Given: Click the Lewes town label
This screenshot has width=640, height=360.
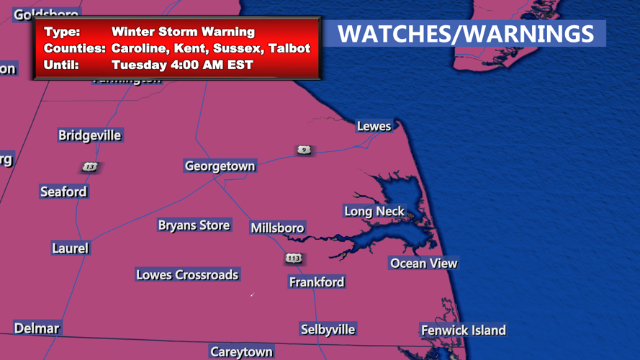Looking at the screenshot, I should pos(374,127).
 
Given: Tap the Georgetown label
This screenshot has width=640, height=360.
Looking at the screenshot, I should pos(220,166).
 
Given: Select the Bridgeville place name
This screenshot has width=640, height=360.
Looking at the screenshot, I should pos(90,135).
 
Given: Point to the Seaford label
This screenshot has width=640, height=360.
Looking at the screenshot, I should pos(63,192).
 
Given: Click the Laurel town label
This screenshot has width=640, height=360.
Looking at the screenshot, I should pos(70,248).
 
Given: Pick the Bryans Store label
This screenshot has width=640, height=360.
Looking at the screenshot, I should pos(194,225).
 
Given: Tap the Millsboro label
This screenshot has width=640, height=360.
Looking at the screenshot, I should pos(277,228).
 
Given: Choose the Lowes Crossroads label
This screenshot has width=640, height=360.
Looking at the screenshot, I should pos(187,274).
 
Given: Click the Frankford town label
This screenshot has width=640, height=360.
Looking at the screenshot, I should pos(317,282).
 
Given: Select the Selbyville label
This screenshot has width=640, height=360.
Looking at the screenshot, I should pos(328,330).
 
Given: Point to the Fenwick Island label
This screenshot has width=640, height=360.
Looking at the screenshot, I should pos(463,330).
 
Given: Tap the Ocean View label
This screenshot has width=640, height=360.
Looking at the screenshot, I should pos(423,264).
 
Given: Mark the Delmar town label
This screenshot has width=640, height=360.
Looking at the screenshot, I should pos(37,328).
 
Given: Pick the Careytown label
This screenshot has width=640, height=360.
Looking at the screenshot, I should pos(241,352).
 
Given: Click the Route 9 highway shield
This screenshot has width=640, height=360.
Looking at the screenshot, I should pos(304,150).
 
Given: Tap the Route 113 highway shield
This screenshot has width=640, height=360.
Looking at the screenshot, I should pos(293,258).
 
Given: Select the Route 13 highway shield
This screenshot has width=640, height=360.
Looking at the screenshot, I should pos(89,167).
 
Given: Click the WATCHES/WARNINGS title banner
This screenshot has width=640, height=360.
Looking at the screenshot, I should pos(465,34).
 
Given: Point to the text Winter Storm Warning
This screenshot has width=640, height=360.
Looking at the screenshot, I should pos(183,32).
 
